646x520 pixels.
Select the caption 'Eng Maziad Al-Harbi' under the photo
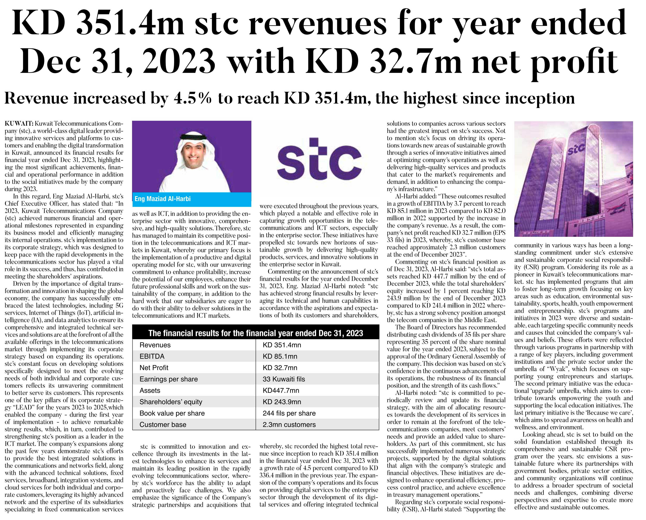click(x=163, y=199)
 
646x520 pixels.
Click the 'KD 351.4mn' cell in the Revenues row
click(x=282, y=345)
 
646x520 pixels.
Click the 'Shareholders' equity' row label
click(x=171, y=402)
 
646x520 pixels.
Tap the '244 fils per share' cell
click(x=289, y=413)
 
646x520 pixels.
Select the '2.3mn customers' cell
click(x=289, y=425)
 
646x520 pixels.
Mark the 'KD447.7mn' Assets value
click(x=281, y=391)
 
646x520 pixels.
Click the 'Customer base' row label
click(x=163, y=425)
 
